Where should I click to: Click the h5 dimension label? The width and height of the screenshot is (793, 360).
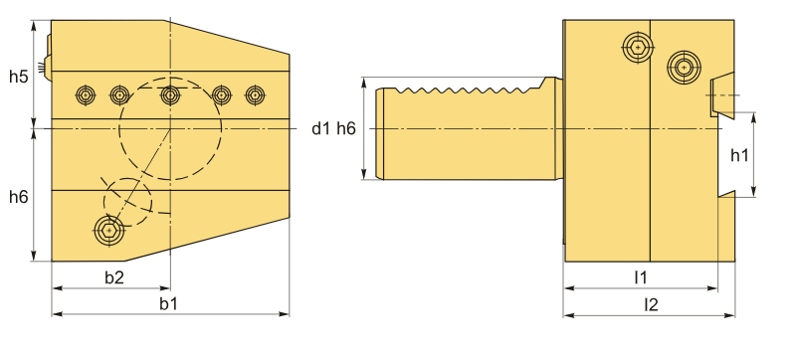pyautogui.click(x=18, y=77)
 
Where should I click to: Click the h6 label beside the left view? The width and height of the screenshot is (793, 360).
pyautogui.click(x=18, y=197)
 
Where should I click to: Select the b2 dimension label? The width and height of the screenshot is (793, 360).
pyautogui.click(x=114, y=277)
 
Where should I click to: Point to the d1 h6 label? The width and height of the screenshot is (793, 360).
pyautogui.click(x=333, y=129)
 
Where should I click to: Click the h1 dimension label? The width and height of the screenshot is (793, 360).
pyautogui.click(x=739, y=156)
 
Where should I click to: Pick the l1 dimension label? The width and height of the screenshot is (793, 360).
pyautogui.click(x=641, y=277)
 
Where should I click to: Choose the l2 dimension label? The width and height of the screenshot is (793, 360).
pyautogui.click(x=651, y=304)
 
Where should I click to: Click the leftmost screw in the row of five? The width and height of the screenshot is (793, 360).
pyautogui.click(x=86, y=94)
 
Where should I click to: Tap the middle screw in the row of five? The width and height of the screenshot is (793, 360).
pyautogui.click(x=170, y=94)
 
